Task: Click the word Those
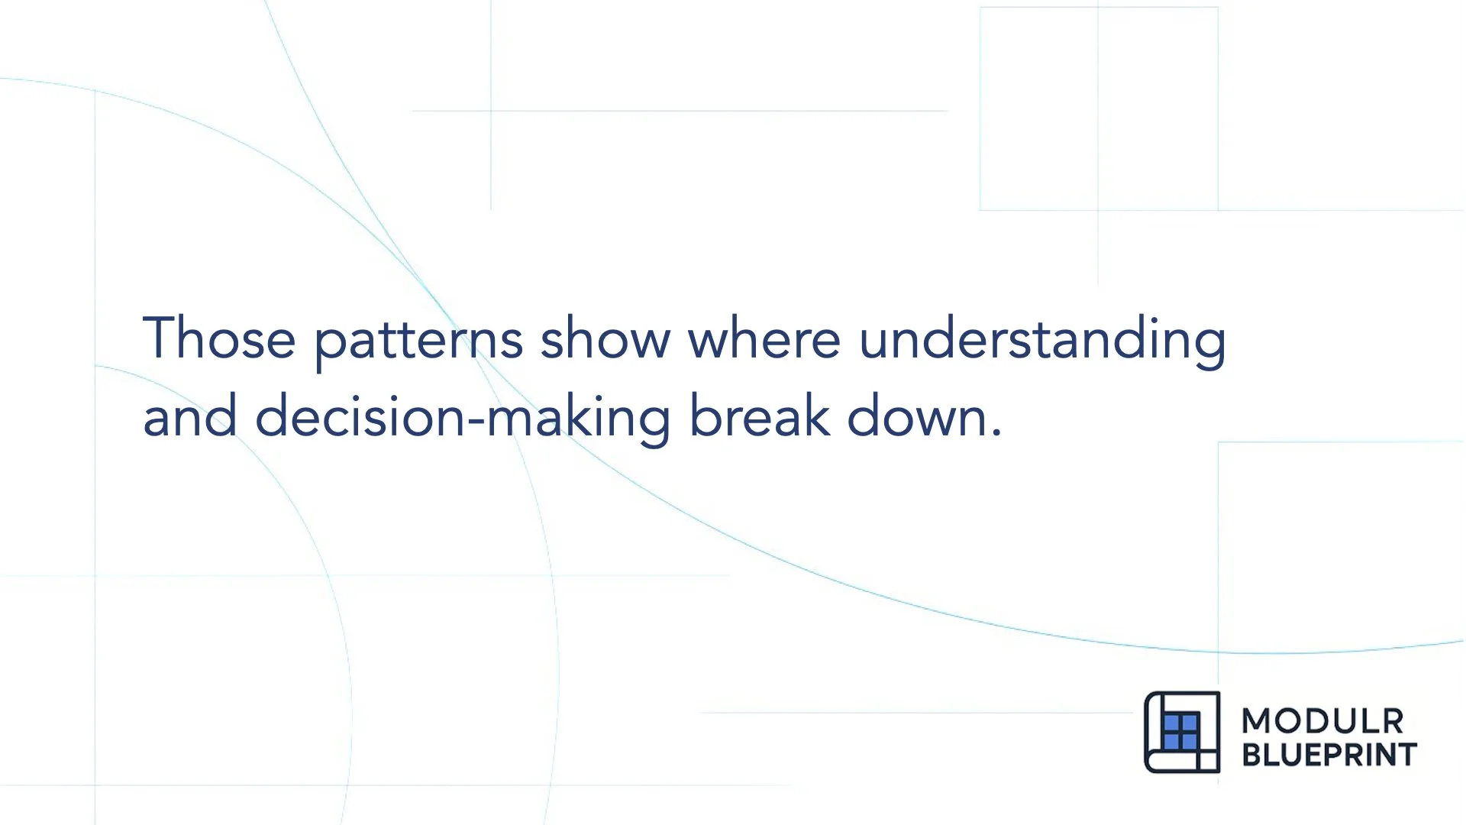[219, 338]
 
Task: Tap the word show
[605, 338]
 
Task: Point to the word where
[764, 338]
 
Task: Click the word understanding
[1042, 340]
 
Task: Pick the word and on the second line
[189, 417]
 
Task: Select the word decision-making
[463, 419]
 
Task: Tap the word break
[759, 416]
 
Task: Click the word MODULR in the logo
[1322, 721]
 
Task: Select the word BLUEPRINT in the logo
[1329, 755]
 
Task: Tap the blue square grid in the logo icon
[1180, 732]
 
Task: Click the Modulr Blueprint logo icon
[1182, 732]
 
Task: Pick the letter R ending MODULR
[1392, 721]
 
